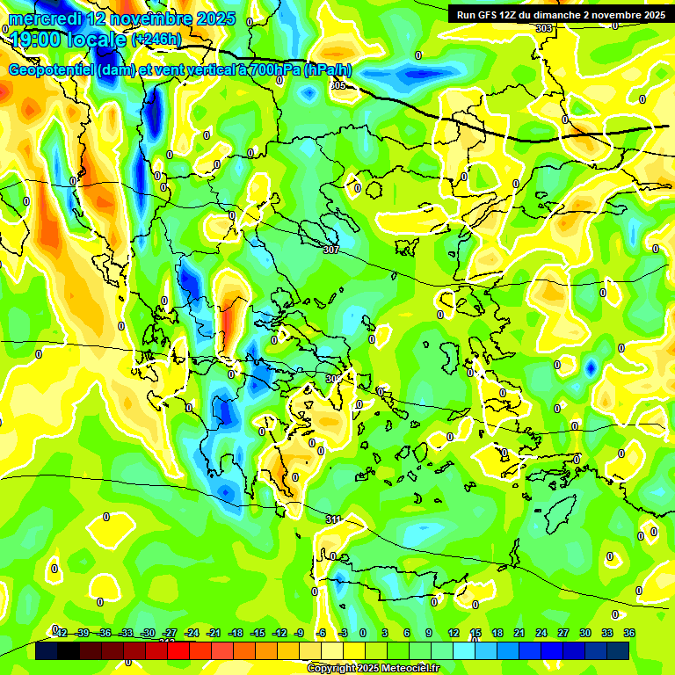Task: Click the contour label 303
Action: click(x=544, y=28)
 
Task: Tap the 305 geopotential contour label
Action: click(x=338, y=85)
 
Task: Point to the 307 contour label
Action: click(x=330, y=250)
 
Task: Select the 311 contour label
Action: click(x=332, y=519)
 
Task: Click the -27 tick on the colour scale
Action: click(x=170, y=633)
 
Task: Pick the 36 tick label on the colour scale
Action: click(x=628, y=633)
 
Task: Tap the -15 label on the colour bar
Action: click(x=257, y=633)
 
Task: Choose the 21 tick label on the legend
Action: click(x=519, y=633)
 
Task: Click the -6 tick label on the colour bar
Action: click(x=322, y=633)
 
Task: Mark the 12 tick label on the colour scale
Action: click(x=454, y=633)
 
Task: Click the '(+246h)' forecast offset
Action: click(x=156, y=40)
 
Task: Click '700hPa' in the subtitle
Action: click(x=275, y=70)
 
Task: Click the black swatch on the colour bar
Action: click(x=47, y=651)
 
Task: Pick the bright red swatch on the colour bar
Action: click(x=179, y=651)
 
